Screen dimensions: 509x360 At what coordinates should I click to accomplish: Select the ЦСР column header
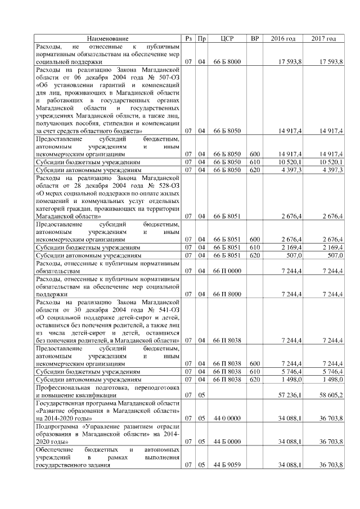(x=227, y=38)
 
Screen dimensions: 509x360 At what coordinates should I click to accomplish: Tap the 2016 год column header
(x=283, y=38)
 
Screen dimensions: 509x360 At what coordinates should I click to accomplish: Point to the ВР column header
(x=255, y=38)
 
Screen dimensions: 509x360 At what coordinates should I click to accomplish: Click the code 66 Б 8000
(x=227, y=61)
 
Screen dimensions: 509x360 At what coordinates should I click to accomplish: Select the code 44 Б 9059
(x=227, y=465)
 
